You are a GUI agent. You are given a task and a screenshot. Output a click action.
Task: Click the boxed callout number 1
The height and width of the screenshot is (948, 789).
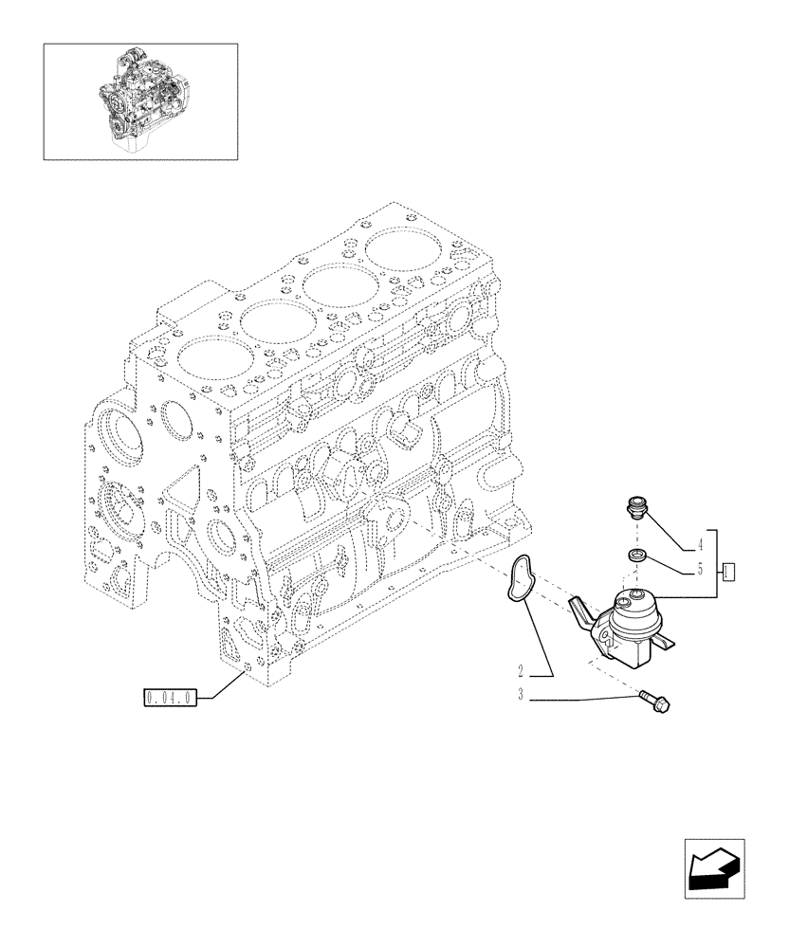[728, 571]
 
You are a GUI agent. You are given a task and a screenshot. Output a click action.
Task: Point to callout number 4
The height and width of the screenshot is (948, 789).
[699, 545]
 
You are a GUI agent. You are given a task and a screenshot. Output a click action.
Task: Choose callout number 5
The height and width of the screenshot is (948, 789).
[699, 572]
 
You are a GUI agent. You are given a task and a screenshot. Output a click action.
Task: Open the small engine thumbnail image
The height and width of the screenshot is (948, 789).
[140, 100]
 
